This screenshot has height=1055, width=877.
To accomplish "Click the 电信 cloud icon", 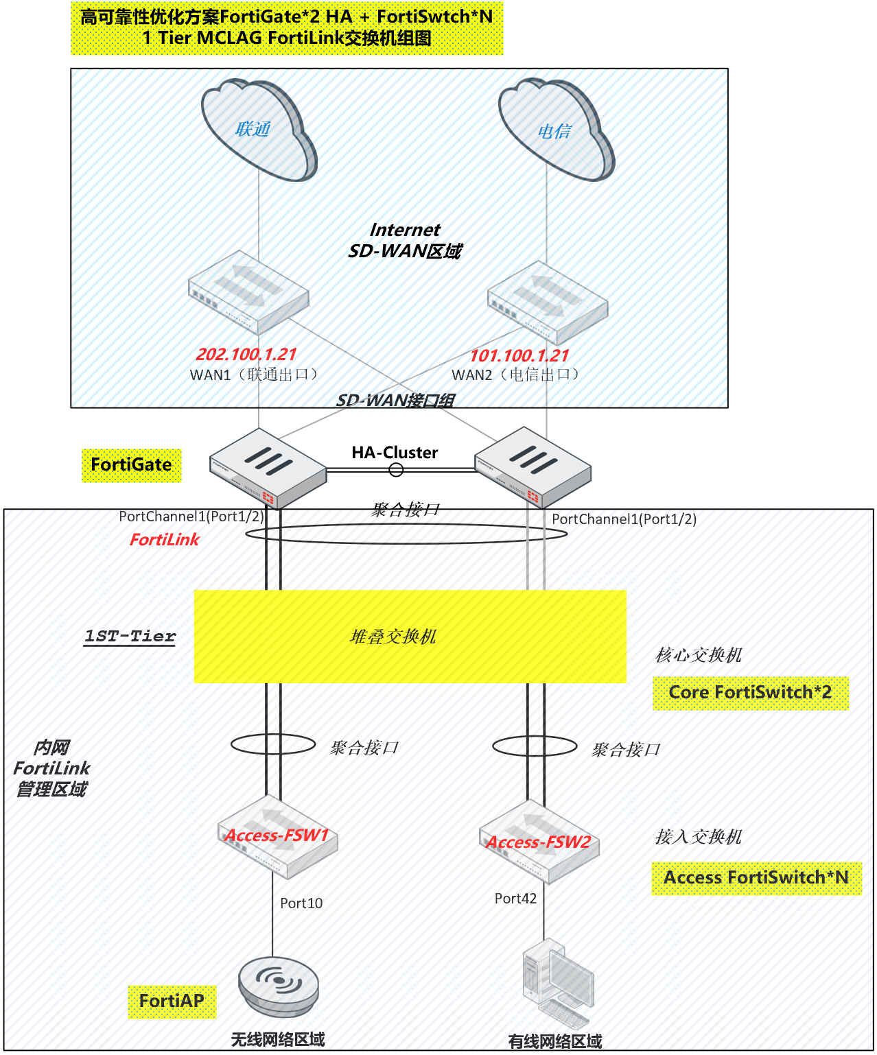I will tap(555, 130).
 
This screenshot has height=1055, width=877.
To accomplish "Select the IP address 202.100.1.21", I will tap(246, 355).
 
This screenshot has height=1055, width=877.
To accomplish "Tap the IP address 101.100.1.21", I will tap(519, 356).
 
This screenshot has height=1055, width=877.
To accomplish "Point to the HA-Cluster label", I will tap(395, 453).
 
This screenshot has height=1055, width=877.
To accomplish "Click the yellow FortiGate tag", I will tap(131, 465).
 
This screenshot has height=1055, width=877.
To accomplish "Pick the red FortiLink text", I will tap(164, 540).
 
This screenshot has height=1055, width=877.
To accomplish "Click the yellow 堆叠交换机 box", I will tap(410, 636).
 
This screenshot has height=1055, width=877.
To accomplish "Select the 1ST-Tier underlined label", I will tap(130, 636).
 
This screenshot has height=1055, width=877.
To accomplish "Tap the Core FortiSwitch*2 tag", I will tap(750, 693).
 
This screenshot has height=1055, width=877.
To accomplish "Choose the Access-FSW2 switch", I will tap(539, 842).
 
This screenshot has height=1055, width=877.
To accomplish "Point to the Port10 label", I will tap(301, 903).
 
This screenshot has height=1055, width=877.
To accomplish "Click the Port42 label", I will tap(515, 899).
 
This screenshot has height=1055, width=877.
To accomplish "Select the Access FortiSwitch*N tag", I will tap(756, 878).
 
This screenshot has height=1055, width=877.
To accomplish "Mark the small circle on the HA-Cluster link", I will tap(396, 470).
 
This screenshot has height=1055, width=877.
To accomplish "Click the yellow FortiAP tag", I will tap(172, 1001).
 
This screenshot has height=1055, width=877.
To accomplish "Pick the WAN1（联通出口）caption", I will tap(254, 375).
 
